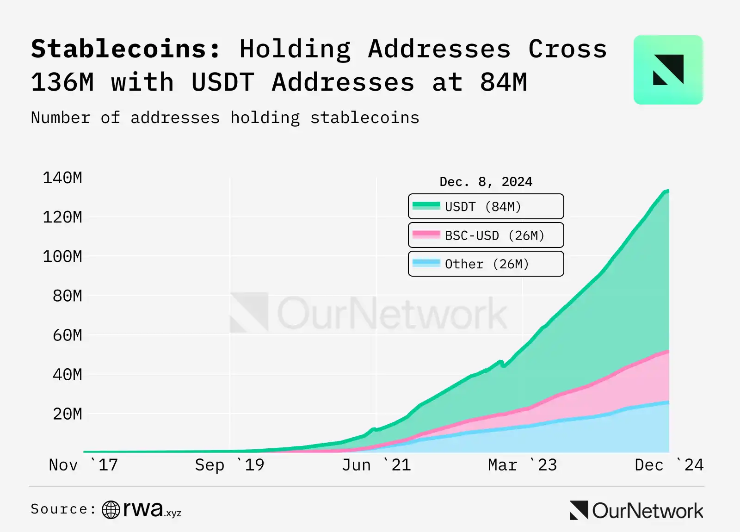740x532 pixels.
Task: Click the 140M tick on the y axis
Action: [x=62, y=178]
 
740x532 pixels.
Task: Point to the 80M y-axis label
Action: [x=68, y=296]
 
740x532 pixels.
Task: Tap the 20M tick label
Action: [x=68, y=414]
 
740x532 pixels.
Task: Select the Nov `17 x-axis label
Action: [x=83, y=465]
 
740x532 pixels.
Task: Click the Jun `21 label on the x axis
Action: [x=376, y=465]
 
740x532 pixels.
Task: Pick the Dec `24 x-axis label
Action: [x=669, y=465]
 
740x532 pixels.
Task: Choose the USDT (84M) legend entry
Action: [x=486, y=206]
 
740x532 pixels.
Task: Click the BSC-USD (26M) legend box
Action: [x=486, y=235]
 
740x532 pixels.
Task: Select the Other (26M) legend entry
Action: [x=486, y=264]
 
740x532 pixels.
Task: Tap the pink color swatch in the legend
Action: [x=426, y=235]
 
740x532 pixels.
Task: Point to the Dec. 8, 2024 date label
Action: [x=486, y=182]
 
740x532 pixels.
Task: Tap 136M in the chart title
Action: [x=62, y=82]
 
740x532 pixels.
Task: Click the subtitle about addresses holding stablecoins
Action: [x=225, y=118]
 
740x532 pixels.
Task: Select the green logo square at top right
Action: [x=668, y=70]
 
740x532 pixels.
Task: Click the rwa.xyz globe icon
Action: [x=111, y=510]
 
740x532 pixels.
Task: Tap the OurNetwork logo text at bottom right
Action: [x=647, y=511]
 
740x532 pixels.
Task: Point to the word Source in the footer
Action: [x=59, y=509]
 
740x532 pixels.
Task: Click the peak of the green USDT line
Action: [x=667, y=191]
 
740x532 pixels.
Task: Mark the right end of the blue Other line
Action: [x=668, y=402]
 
